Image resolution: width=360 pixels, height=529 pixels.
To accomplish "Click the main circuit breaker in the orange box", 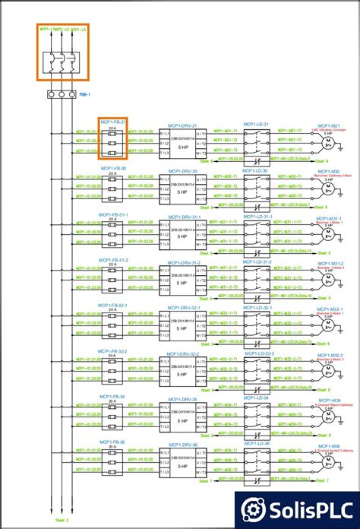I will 61,60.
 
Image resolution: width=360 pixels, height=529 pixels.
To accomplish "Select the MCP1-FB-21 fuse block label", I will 113,122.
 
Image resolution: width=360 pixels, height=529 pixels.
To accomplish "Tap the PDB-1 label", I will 85,95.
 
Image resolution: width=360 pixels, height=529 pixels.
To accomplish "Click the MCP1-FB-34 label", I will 112,397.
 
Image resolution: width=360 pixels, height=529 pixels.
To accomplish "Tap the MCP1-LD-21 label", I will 256,124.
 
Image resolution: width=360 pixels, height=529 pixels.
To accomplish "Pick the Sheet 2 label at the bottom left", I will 62,520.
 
